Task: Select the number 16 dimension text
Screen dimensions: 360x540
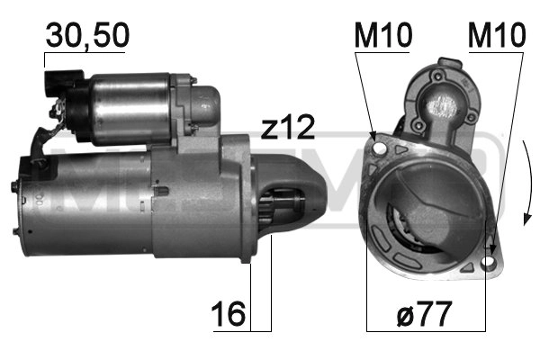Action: pos(229,315)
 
